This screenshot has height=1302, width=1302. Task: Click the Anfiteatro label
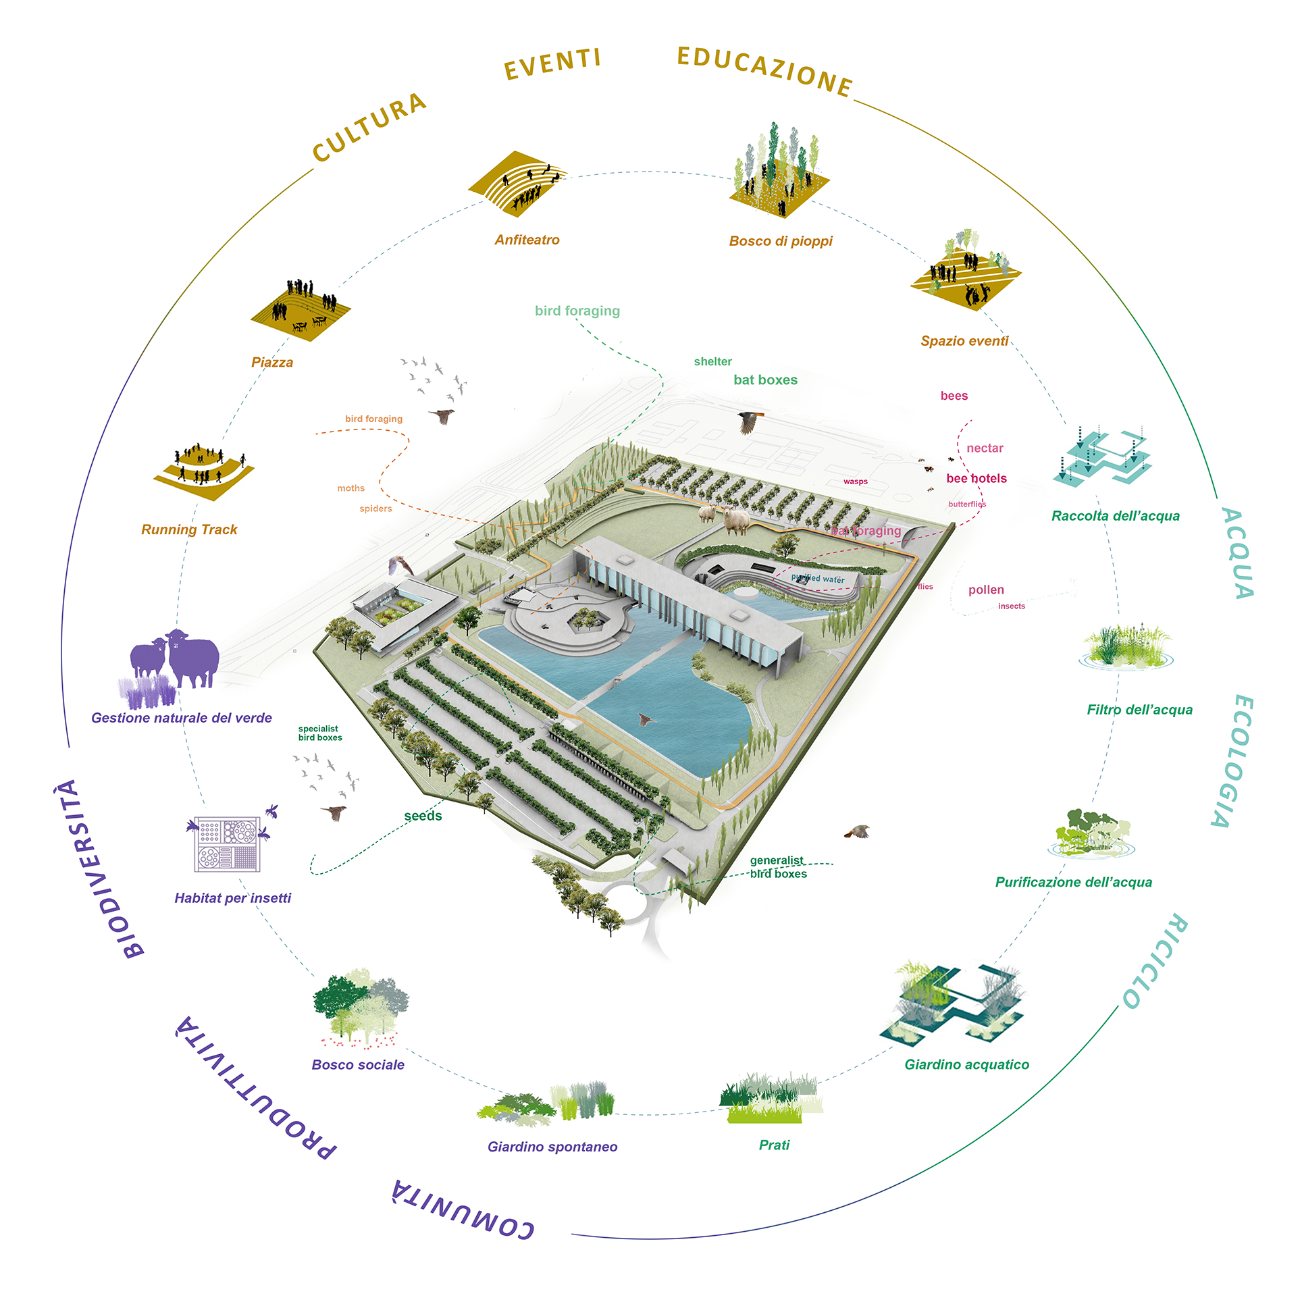click(527, 240)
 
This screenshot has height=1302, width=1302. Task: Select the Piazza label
click(272, 363)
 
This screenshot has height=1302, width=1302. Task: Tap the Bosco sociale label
click(358, 1065)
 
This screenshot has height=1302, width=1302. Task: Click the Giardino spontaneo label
click(552, 1147)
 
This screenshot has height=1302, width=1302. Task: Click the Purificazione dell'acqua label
click(1073, 882)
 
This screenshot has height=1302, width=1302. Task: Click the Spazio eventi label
click(964, 341)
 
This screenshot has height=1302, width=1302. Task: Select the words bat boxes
click(765, 380)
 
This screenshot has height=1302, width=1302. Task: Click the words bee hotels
click(976, 479)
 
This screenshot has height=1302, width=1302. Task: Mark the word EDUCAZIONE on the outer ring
click(765, 72)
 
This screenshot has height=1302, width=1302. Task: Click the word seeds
click(423, 816)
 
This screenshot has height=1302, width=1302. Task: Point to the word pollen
click(986, 590)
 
